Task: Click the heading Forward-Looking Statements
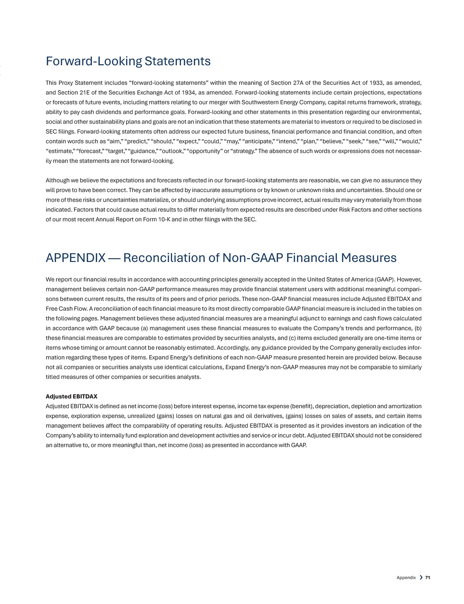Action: pyautogui.click(x=128, y=61)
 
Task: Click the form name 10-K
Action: pyautogui.click(x=164, y=219)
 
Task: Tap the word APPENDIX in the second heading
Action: pyautogui.click(x=76, y=258)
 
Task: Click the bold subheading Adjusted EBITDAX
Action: pyautogui.click(x=71, y=396)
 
